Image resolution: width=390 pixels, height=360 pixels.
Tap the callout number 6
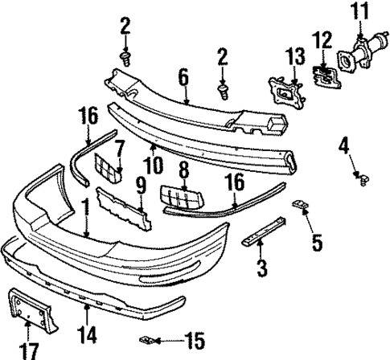(183, 76)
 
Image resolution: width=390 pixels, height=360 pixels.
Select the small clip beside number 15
(149, 339)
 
